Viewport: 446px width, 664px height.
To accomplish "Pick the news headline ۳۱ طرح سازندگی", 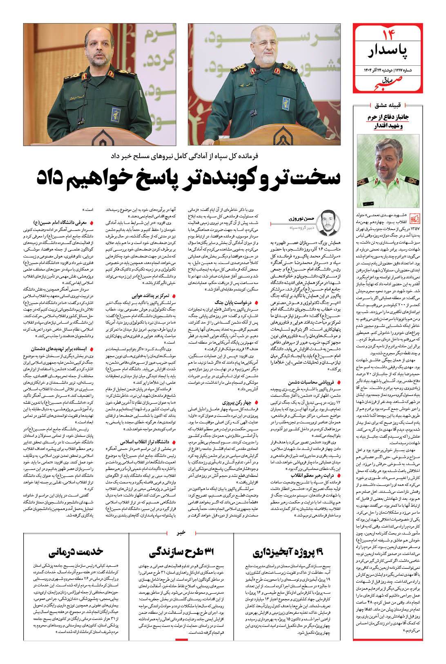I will click(181, 554).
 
